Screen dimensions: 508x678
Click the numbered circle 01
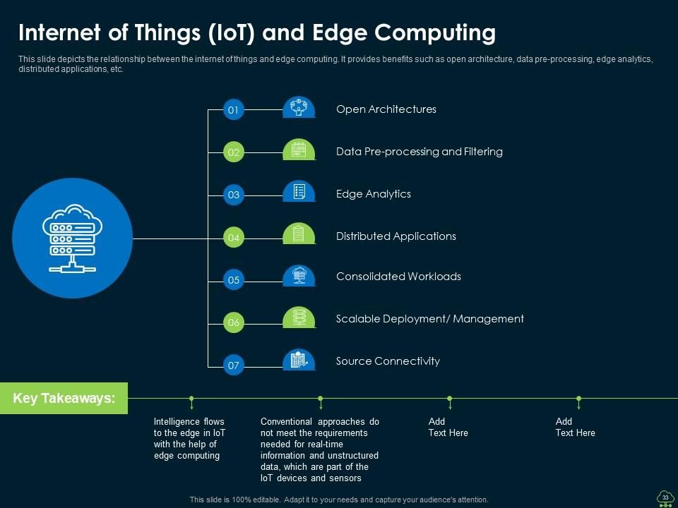coord(234,110)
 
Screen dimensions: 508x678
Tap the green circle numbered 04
coord(234,238)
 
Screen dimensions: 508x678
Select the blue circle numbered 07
coord(234,365)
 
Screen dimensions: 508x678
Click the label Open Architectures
coord(386,109)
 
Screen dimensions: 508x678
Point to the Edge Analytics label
coord(373,194)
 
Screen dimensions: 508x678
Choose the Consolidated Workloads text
coord(398,277)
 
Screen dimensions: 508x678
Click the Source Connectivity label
coord(388,361)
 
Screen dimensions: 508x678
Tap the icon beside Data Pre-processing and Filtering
coord(299,150)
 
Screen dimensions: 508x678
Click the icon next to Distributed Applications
coord(299,234)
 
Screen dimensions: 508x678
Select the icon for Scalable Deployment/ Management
coord(299,317)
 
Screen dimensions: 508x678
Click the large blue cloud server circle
coord(73,238)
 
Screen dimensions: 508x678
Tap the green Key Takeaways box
coord(64,399)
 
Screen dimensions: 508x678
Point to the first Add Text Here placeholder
coord(448,427)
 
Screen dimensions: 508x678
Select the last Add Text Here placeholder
coord(575,427)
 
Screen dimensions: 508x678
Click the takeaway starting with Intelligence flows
coord(189,439)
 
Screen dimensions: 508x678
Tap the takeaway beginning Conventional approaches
coord(319,449)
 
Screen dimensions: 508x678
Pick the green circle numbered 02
coord(234,152)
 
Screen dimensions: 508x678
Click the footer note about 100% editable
coord(339,500)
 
